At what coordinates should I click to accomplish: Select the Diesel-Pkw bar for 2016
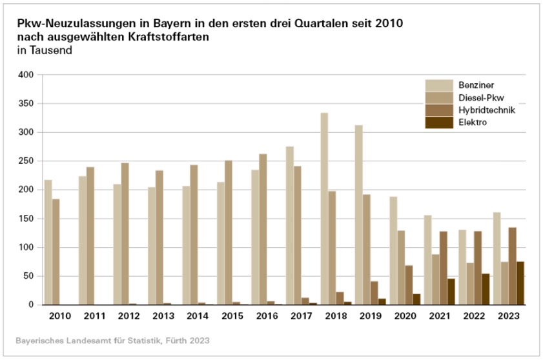coord(263,229)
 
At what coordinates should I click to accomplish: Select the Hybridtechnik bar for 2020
coord(409,285)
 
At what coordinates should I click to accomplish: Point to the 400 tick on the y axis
coord(26,75)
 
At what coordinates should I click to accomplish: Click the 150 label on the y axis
coord(26,219)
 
